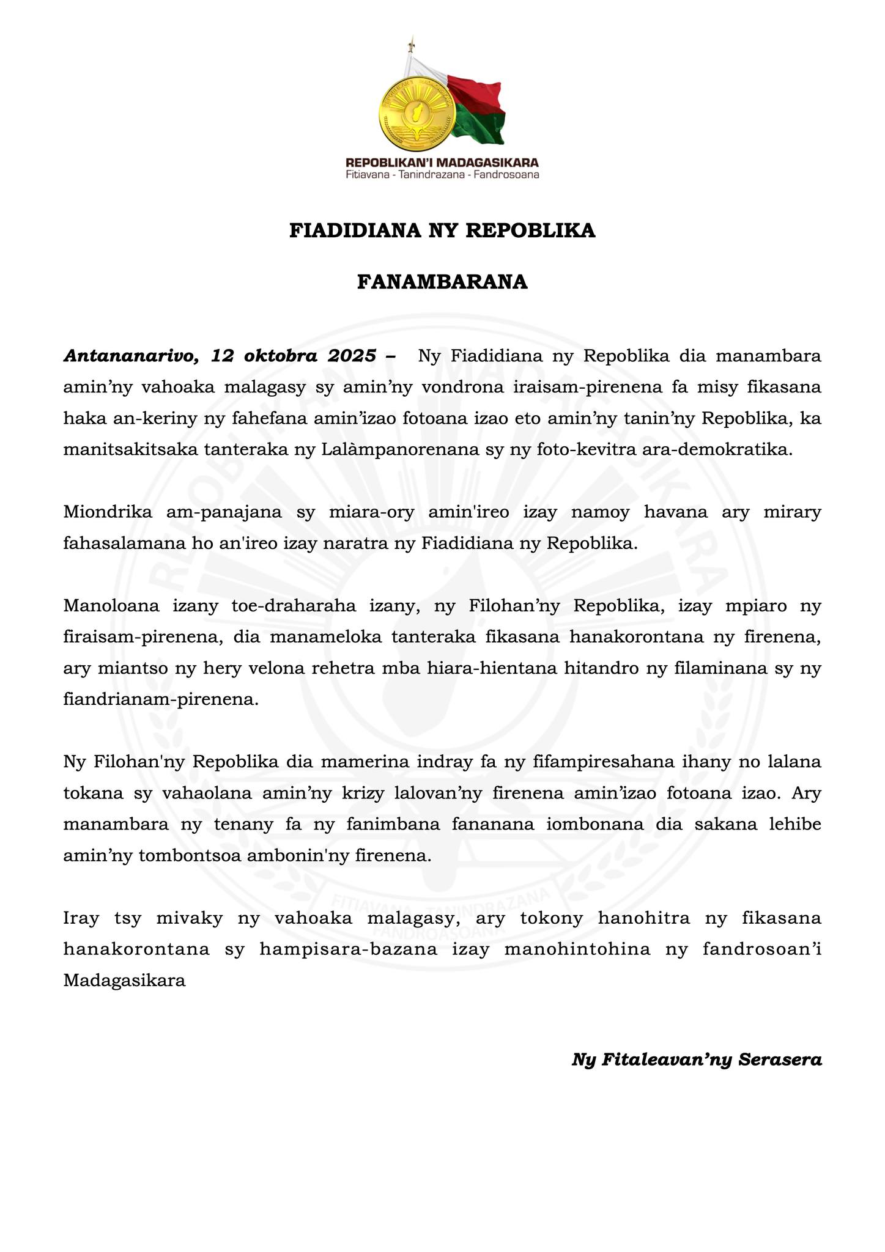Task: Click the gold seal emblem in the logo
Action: pyautogui.click(x=417, y=114)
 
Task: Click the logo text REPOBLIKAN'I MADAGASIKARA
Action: pyautogui.click(x=442, y=163)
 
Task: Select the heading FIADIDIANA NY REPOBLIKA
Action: pyautogui.click(x=442, y=230)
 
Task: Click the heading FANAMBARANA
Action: pyautogui.click(x=442, y=282)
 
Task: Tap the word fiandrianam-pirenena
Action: pyautogui.click(x=161, y=700)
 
